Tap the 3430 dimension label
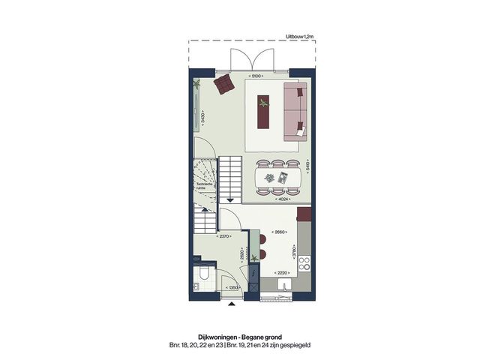(203, 117)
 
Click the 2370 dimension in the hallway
(222, 237)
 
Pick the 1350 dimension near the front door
(233, 286)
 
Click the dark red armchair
(223, 84)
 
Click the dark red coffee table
(263, 112)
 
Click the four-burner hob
(304, 264)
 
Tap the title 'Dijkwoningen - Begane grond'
(239, 337)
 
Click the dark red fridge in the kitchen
(304, 214)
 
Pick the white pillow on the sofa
(300, 131)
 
